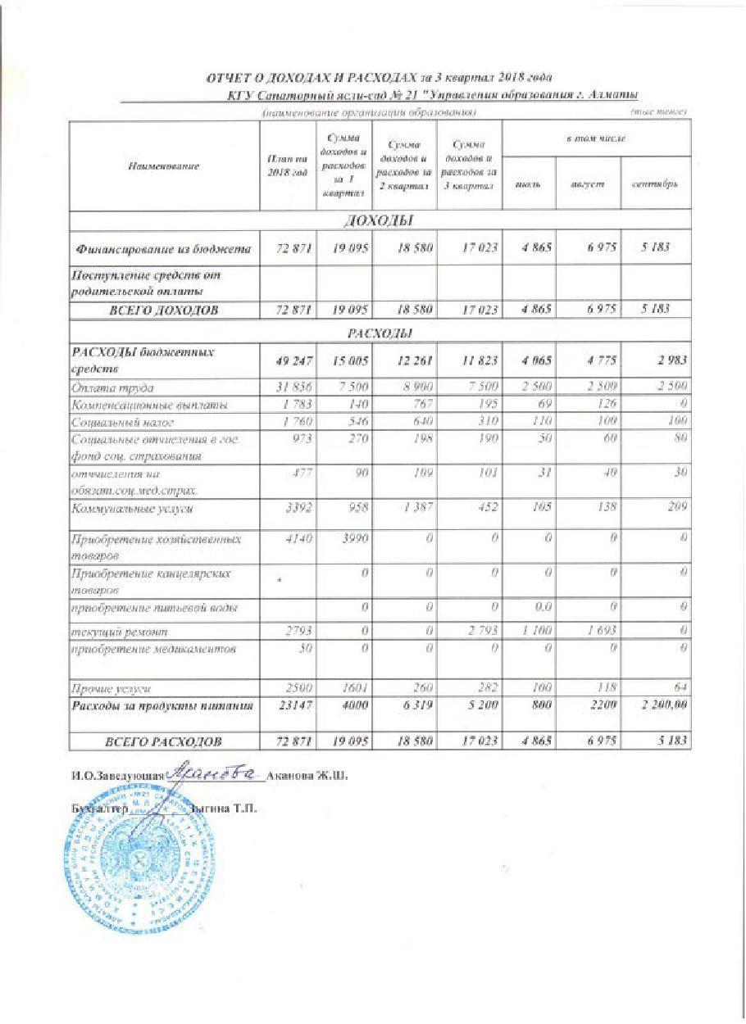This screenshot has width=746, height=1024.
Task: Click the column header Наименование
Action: [x=164, y=166]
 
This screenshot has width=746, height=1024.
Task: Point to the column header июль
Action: [x=529, y=186]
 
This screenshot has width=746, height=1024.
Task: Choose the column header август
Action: [x=588, y=186]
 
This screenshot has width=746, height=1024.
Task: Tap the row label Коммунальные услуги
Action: [x=134, y=509]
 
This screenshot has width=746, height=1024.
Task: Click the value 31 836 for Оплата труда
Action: [x=287, y=387]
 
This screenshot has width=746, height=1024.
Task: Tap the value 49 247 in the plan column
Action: [x=287, y=360]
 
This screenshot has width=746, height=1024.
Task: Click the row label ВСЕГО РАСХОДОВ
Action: [x=164, y=742]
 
